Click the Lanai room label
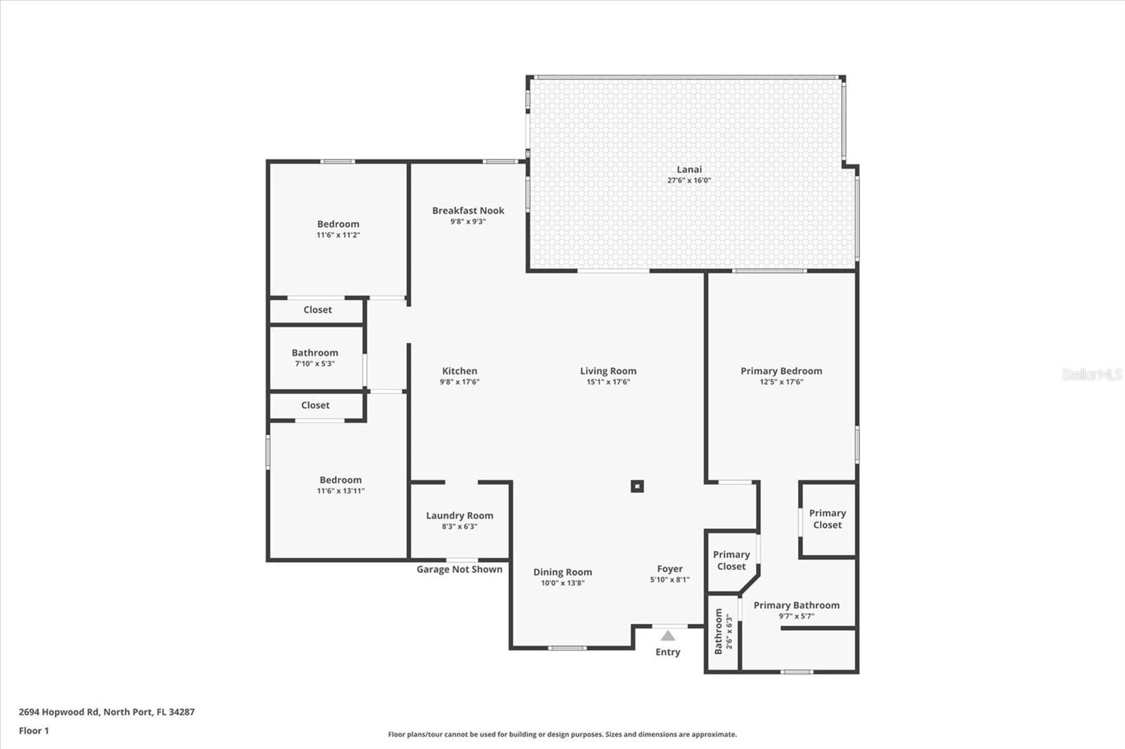pos(689,169)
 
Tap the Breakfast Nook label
pos(468,211)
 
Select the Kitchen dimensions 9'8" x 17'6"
pos(459,382)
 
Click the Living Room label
pos(608,371)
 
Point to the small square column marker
pos(637,486)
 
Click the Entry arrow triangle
pos(668,636)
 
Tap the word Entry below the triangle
pos(668,652)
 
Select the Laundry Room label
pos(459,516)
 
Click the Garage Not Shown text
pos(459,569)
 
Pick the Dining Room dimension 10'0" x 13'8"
pos(562,583)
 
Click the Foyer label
pos(669,569)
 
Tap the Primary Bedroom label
pos(781,371)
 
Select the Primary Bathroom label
pos(796,606)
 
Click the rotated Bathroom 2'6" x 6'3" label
pos(723,632)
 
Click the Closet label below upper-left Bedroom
pos(317,310)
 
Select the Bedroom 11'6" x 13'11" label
pos(340,485)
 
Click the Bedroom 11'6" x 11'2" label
pos(337,229)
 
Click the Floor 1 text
pos(34,731)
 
